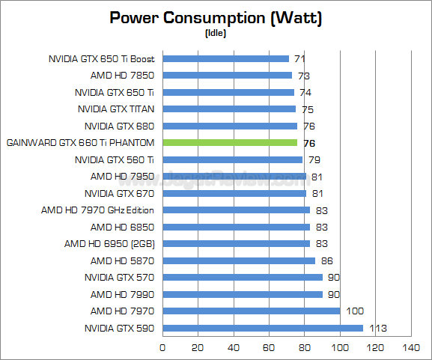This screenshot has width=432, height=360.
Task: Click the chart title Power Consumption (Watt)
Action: coord(216,18)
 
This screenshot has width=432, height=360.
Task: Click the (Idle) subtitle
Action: coord(216,34)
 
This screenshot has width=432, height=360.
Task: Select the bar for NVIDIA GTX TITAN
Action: coord(228,109)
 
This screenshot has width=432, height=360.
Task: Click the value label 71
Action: coord(299,58)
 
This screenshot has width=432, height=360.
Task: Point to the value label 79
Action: coord(314,159)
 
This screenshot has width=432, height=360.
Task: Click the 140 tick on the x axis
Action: coord(411,347)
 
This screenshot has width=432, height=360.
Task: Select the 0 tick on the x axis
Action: coord(162,347)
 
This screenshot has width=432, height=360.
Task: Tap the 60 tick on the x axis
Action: coord(269,347)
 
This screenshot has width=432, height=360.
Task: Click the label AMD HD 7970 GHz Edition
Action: coord(97,210)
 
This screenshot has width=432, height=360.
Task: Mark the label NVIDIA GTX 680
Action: coord(119,126)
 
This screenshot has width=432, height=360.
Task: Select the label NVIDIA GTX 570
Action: coord(119,278)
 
